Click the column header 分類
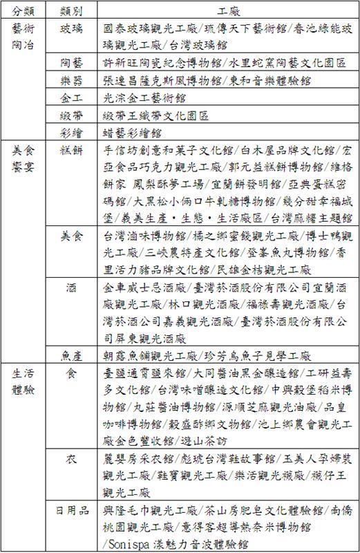[23, 12]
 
